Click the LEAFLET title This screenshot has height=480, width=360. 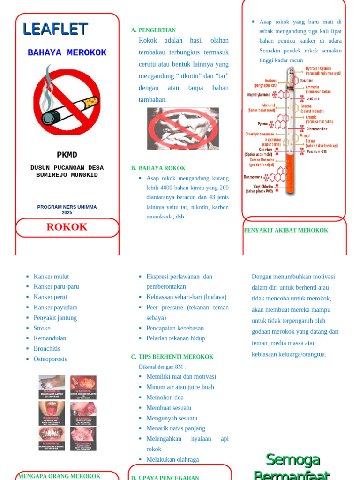pyautogui.click(x=55, y=29)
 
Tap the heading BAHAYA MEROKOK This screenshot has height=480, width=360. pyautogui.click(x=67, y=53)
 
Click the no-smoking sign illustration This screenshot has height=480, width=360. pyautogui.click(x=67, y=99)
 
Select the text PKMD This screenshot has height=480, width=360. pyautogui.click(x=67, y=155)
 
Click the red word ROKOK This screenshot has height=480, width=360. pyautogui.click(x=67, y=227)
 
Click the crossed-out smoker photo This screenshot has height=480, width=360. pyautogui.click(x=183, y=128)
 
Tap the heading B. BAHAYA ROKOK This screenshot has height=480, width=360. pyautogui.click(x=158, y=168)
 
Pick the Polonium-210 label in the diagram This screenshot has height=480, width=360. pyautogui.click(x=317, y=152)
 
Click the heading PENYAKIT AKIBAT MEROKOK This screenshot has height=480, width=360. pyautogui.click(x=286, y=230)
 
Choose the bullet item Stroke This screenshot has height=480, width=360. pyautogui.click(x=42, y=328)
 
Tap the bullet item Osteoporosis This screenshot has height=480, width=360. pyautogui.click(x=50, y=359)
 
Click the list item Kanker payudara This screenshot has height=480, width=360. pyautogui.click(x=55, y=307)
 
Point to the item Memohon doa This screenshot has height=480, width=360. pyautogui.click(x=165, y=397)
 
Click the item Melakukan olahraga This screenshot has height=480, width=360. pyautogui.click(x=172, y=460)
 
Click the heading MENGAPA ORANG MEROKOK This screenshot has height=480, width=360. pyautogui.click(x=59, y=476)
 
